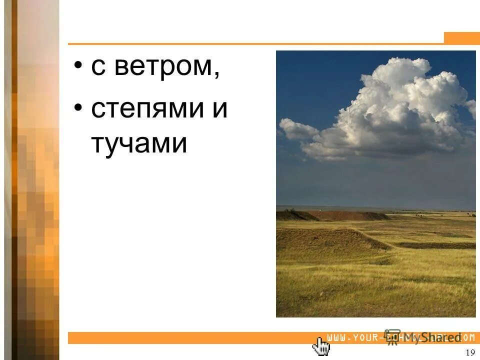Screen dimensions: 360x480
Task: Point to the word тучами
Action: tap(139, 144)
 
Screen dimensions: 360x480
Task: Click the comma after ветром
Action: tap(217, 75)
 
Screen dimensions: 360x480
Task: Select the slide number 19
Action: tap(469, 353)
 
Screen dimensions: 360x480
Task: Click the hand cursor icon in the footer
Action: tap(321, 345)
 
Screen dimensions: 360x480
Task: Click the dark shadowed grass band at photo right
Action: tap(440, 245)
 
